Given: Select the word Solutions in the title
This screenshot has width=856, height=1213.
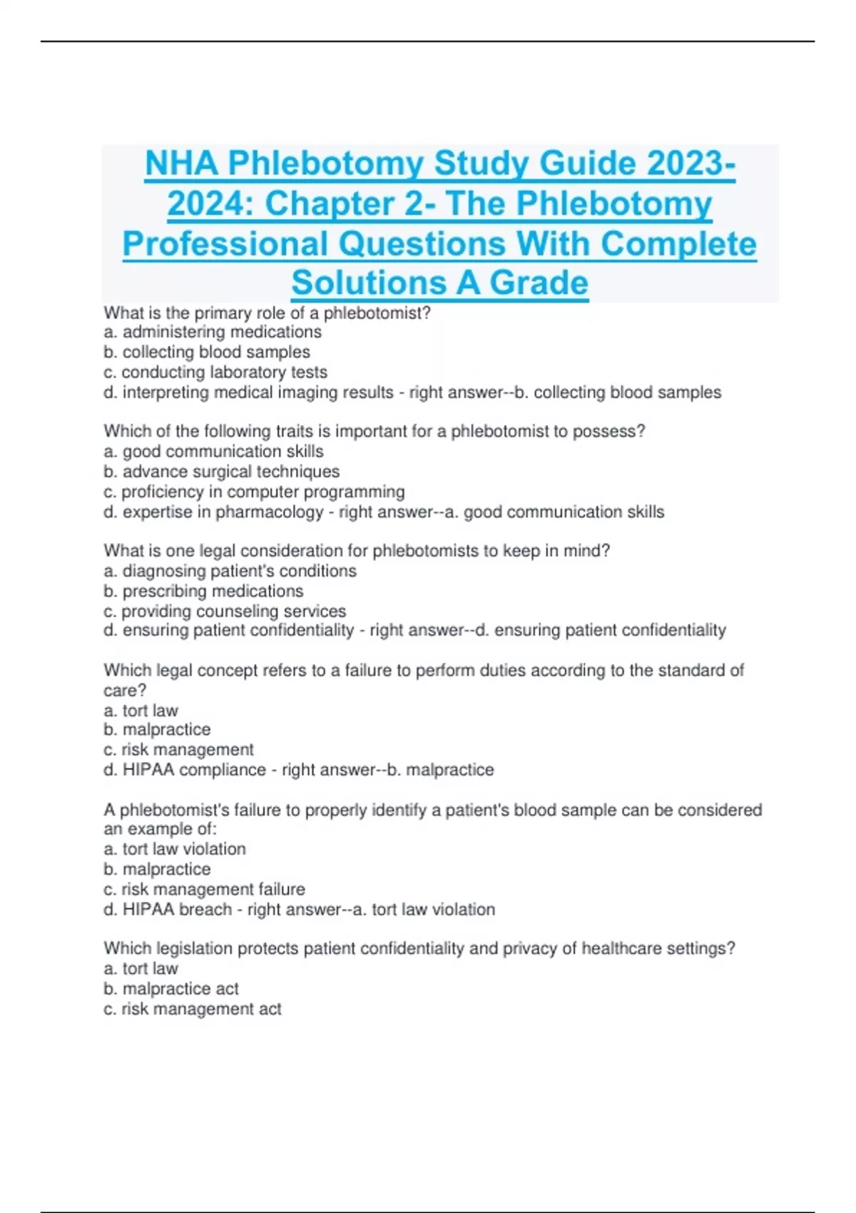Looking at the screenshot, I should (368, 283).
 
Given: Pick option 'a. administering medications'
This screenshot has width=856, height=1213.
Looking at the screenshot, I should (213, 333).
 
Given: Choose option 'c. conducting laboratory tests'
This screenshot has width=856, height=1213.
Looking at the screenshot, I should (215, 372).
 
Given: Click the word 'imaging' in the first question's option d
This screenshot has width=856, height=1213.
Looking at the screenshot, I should (297, 392).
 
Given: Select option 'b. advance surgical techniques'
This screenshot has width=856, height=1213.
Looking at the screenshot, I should (221, 472).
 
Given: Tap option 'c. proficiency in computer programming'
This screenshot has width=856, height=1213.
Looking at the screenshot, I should (254, 492).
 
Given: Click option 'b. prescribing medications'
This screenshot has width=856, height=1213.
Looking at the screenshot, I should (203, 591).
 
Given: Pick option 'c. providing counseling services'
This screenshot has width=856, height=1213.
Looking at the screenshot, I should (225, 611).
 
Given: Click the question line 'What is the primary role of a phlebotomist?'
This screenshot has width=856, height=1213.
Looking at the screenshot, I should (267, 313).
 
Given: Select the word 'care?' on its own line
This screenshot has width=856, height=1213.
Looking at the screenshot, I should (125, 690).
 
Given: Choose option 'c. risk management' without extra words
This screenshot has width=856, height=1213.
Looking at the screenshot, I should (178, 750).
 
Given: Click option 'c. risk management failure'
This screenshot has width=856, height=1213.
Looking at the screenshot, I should (204, 889).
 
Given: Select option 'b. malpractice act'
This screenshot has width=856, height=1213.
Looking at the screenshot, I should (171, 989).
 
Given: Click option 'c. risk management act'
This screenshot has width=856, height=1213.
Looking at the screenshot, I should (193, 1009).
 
